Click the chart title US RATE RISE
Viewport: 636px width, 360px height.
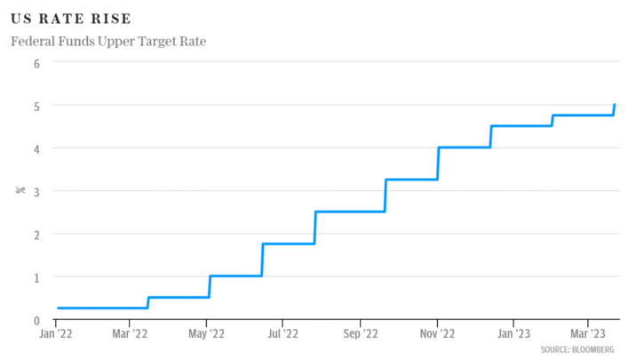click(x=71, y=19)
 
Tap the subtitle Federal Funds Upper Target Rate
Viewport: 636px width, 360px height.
click(x=108, y=42)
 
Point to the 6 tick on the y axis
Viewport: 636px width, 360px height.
click(x=37, y=63)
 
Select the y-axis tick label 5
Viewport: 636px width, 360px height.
click(x=37, y=106)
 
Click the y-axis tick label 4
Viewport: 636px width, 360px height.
click(x=37, y=148)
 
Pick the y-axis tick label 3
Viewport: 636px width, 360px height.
click(x=37, y=191)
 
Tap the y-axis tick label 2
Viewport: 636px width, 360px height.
click(x=37, y=234)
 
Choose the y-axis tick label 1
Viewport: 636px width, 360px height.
click(x=37, y=277)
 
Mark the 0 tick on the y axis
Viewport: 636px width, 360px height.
click(x=37, y=320)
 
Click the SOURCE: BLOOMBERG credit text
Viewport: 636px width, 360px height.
click(x=577, y=350)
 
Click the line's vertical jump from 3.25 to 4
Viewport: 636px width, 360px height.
click(x=439, y=164)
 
